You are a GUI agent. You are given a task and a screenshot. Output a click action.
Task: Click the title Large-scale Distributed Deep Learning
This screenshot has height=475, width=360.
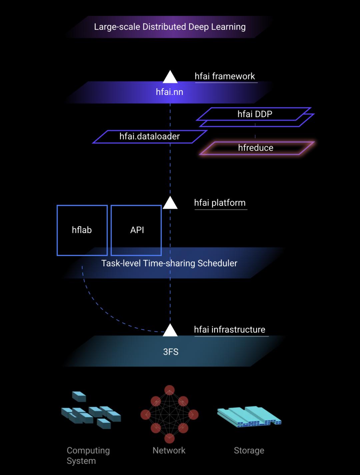pyautogui.click(x=170, y=27)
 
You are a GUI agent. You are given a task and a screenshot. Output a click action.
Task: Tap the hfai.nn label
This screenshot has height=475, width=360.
pyautogui.click(x=169, y=92)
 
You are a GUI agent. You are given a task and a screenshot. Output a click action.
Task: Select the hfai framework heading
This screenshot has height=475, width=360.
pyautogui.click(x=225, y=76)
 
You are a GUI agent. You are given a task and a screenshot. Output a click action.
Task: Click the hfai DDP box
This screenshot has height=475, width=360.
pyautogui.click(x=255, y=114)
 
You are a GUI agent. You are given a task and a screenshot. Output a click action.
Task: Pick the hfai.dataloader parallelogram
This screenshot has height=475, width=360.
pyautogui.click(x=150, y=136)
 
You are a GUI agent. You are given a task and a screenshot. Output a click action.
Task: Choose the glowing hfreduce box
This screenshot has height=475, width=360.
pyautogui.click(x=256, y=148)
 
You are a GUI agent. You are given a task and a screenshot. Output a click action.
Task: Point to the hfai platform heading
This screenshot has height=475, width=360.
pyautogui.click(x=220, y=203)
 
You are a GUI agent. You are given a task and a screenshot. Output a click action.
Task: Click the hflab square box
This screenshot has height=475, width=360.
pyautogui.click(x=82, y=230)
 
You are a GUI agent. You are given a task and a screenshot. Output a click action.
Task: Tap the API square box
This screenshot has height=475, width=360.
pyautogui.click(x=136, y=230)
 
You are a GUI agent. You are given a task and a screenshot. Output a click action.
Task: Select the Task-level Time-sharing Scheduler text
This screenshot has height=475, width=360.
pyautogui.click(x=169, y=263)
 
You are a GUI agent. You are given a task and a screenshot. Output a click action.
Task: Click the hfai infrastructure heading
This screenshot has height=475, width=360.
pyautogui.click(x=230, y=330)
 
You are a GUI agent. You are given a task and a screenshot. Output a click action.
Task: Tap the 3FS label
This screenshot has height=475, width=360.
pyautogui.click(x=171, y=352)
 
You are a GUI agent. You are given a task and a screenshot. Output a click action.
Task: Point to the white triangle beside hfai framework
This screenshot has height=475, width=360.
pyautogui.click(x=170, y=77)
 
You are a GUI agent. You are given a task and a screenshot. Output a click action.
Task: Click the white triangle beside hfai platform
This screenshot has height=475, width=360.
pyautogui.click(x=170, y=203)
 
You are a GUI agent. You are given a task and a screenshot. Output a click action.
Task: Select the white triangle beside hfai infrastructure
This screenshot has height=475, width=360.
pyautogui.click(x=170, y=330)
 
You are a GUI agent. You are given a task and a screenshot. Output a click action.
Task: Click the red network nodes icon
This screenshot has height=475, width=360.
pyautogui.click(x=169, y=414)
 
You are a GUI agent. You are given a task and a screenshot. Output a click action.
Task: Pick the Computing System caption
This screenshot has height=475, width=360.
pyautogui.click(x=88, y=455)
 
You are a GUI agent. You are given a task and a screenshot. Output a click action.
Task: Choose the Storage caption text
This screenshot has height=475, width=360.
pyautogui.click(x=249, y=450)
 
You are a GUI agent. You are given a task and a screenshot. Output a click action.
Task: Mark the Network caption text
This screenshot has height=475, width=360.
pyautogui.click(x=169, y=450)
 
